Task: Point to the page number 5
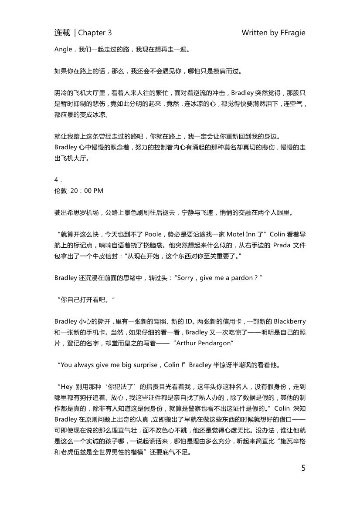[303, 468]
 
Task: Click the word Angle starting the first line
[63, 49]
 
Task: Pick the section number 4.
[56, 180]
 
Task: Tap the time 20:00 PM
[86, 191]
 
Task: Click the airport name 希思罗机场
[81, 213]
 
